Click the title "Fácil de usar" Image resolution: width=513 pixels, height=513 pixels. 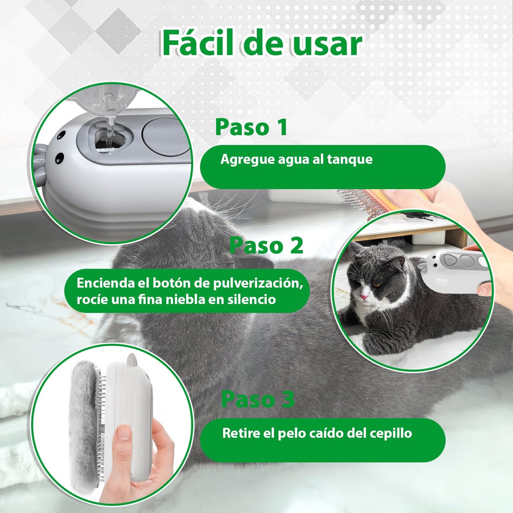pyautogui.click(x=262, y=44)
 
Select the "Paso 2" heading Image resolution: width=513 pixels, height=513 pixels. pyautogui.click(x=266, y=245)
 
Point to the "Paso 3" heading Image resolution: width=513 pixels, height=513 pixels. pyautogui.click(x=258, y=399)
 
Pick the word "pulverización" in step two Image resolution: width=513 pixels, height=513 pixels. pyautogui.click(x=258, y=283)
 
